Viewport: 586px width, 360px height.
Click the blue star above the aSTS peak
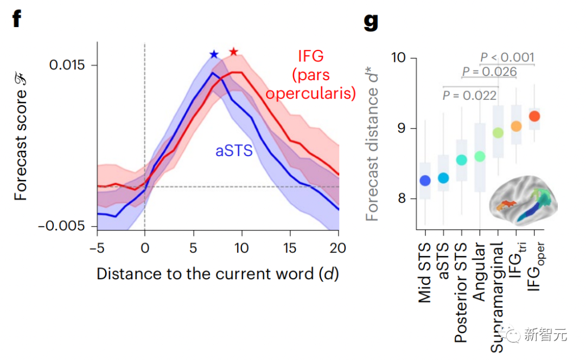[x=214, y=54]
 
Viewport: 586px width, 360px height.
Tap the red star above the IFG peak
[x=233, y=52]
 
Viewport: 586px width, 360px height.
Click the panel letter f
[x=17, y=19]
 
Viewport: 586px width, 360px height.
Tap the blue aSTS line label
[x=234, y=150]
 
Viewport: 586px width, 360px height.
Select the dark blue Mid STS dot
[x=425, y=181]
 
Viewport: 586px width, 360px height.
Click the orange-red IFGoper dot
[x=534, y=116]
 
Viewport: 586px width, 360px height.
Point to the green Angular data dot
[x=480, y=157]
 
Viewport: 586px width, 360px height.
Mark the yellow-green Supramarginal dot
[x=498, y=133]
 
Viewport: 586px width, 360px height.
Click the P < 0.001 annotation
[x=507, y=57]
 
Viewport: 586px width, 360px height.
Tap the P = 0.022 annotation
[x=469, y=96]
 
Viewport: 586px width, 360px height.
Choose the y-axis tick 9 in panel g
[x=403, y=128]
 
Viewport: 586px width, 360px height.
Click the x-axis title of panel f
[x=218, y=274]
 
